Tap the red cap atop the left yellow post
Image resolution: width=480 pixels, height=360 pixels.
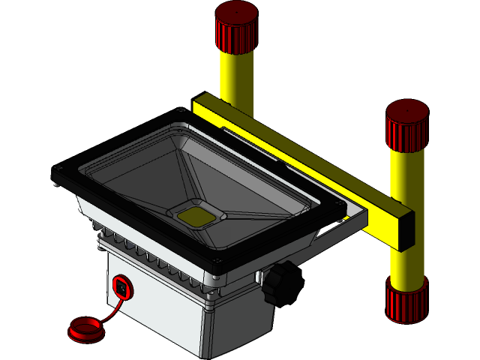tap(236, 26)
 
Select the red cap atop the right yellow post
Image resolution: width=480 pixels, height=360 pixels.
tap(407, 124)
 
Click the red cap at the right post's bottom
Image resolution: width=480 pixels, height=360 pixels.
tap(406, 301)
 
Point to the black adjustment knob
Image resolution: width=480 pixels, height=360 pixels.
tap(281, 283)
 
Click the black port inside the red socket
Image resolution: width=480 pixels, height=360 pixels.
tap(121, 286)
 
